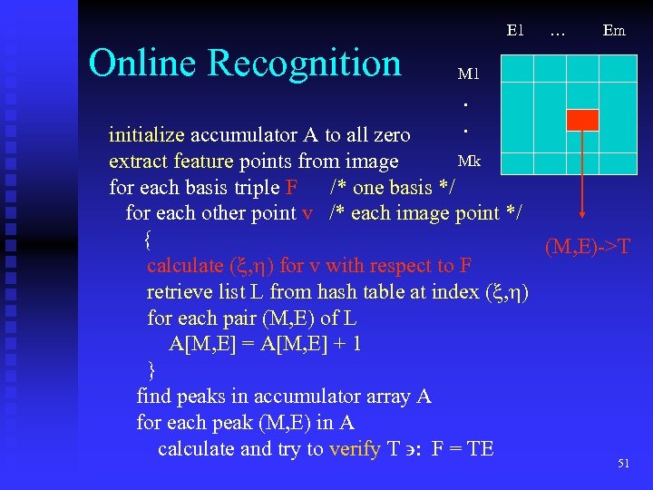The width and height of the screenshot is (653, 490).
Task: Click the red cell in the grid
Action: pos(582,120)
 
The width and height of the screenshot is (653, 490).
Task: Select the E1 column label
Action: pos(514,30)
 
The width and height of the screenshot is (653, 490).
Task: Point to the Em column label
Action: pos(614,30)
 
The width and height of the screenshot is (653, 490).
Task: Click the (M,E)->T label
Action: pos(588,247)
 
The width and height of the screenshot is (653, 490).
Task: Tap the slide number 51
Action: pos(623,464)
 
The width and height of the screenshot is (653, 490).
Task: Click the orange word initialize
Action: pos(146,136)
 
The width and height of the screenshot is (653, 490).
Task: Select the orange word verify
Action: pos(355,449)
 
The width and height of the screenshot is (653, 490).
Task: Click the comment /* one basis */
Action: pos(392,188)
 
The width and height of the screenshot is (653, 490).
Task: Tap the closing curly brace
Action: pos(151,369)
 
